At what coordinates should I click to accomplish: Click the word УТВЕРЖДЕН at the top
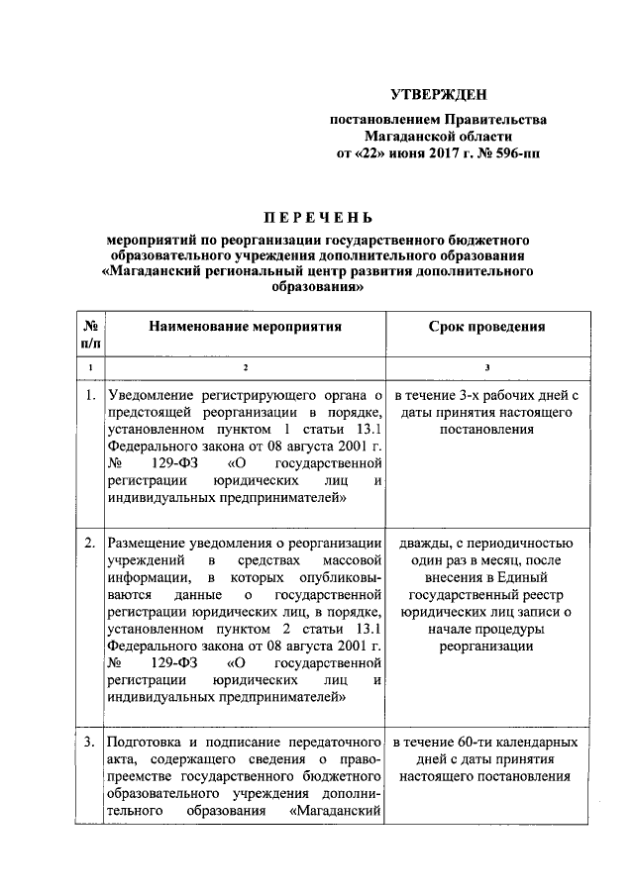(x=438, y=95)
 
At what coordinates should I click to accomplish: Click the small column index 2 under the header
(x=245, y=368)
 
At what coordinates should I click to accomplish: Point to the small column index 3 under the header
(x=486, y=368)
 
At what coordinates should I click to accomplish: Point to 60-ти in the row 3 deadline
(x=471, y=741)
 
